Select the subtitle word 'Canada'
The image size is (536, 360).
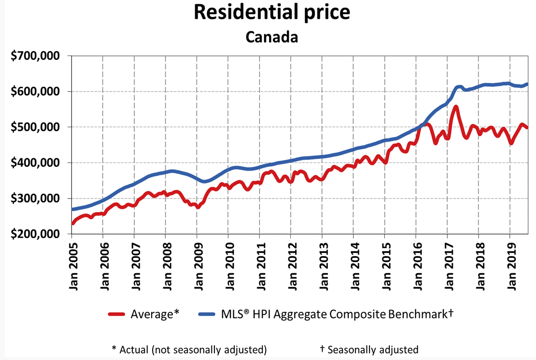pos(272,37)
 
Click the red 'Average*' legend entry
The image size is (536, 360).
pos(144,313)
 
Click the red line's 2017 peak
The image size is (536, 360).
pos(456,106)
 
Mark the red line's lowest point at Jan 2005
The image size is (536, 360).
pos(73,223)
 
